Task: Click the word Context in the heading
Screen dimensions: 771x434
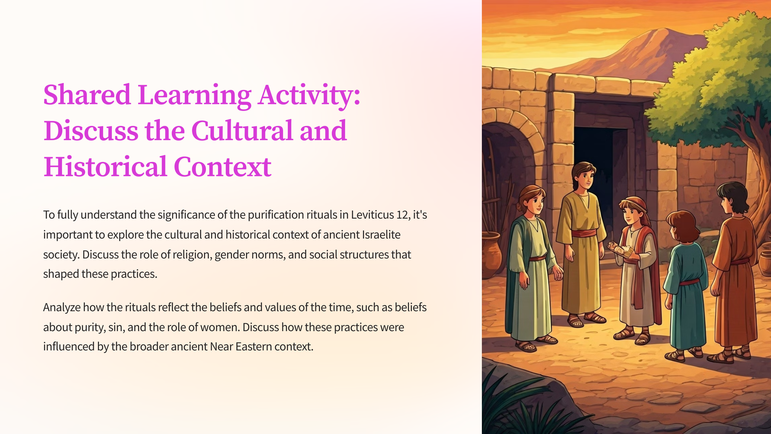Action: point(222,167)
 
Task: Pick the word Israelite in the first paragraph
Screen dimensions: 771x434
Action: point(381,235)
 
